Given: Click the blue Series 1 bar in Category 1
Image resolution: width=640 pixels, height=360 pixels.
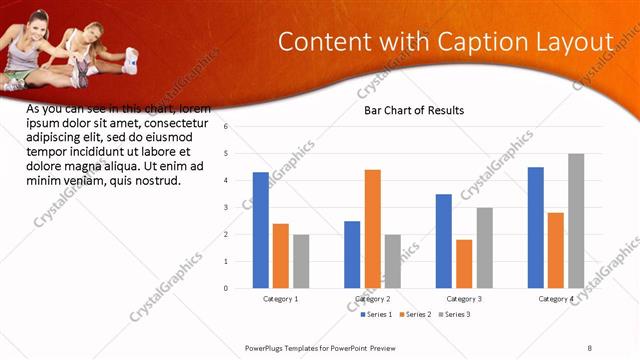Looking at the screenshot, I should click(x=261, y=230).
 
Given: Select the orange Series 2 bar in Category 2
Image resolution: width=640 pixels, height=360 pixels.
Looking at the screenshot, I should click(x=372, y=229).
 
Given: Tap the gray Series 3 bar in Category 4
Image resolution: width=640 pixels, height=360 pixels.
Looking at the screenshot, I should click(x=576, y=221).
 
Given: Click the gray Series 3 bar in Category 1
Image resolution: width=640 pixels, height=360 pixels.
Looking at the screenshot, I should click(x=301, y=261).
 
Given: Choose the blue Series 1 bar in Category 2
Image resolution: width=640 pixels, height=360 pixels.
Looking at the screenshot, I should click(x=352, y=254).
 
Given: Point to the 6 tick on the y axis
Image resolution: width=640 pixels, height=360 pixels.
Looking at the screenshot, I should click(x=226, y=127).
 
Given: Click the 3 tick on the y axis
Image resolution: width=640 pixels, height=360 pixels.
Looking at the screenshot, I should click(x=226, y=208).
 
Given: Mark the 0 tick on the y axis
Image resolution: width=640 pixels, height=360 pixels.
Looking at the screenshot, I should click(x=226, y=288).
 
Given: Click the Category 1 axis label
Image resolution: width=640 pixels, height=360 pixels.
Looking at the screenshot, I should click(x=281, y=299).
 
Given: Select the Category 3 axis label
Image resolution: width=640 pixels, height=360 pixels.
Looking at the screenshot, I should click(x=464, y=299).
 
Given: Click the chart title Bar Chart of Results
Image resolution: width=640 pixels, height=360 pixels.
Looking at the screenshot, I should click(x=413, y=110).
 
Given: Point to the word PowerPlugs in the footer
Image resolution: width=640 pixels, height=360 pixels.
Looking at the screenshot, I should click(x=269, y=347).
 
